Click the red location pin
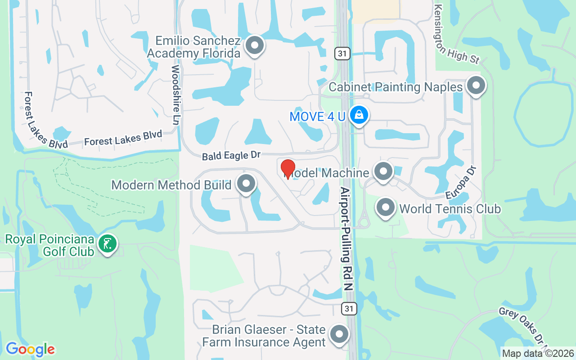(288, 169)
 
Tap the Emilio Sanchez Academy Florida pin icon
(255, 45)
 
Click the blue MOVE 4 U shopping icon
(359, 115)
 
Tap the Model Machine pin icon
(383, 171)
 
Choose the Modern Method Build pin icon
(246, 184)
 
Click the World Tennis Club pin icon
(386, 207)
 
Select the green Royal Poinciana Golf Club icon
(108, 244)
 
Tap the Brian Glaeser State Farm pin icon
(339, 334)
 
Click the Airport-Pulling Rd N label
(346, 238)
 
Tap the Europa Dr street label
(461, 182)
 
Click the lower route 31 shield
(349, 308)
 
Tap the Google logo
(30, 349)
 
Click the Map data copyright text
(538, 353)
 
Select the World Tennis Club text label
(450, 209)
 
